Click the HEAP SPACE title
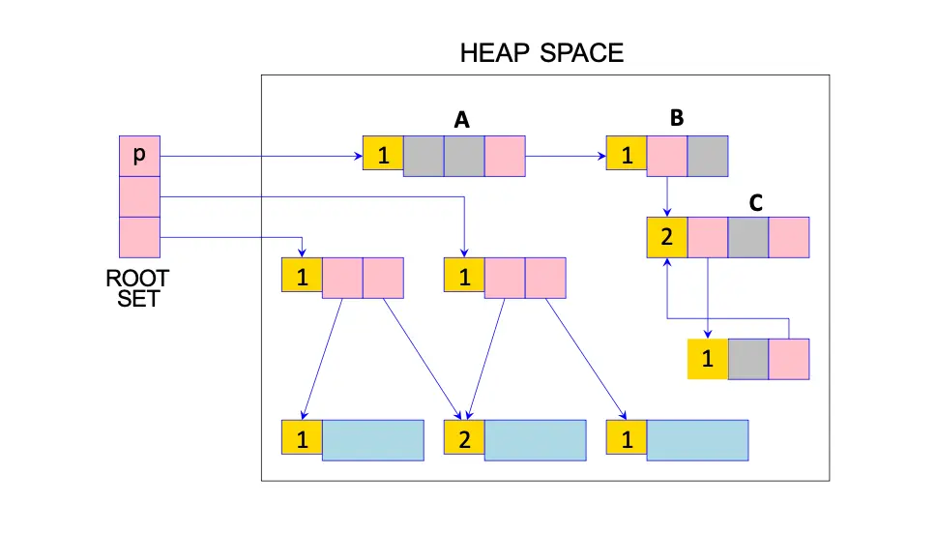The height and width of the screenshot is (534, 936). pos(541,52)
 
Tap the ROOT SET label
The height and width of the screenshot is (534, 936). pos(137,288)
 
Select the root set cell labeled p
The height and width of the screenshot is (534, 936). pos(139,157)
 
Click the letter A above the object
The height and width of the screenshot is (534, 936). pos(461,120)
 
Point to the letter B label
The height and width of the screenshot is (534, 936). pos(677,118)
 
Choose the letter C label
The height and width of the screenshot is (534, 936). pos(756,203)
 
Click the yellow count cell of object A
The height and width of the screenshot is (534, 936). pos(383,157)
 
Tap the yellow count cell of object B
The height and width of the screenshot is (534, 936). pos(627,157)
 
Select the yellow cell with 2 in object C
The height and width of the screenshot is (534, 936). pos(667,237)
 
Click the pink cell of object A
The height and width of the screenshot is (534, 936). pos(505,157)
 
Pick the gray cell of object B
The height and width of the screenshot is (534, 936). pos(708,157)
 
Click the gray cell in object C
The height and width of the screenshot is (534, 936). pos(748,237)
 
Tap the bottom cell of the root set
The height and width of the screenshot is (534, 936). pos(139,237)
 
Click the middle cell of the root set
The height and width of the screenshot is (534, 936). pos(139,197)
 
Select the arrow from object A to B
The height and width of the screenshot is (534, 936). pos(566,156)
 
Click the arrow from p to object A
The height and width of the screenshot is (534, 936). pos(261,156)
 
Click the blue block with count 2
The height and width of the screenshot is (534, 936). pos(535,439)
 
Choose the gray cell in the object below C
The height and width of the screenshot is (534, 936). pos(748,359)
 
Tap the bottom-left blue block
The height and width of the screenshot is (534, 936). pos(372,439)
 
